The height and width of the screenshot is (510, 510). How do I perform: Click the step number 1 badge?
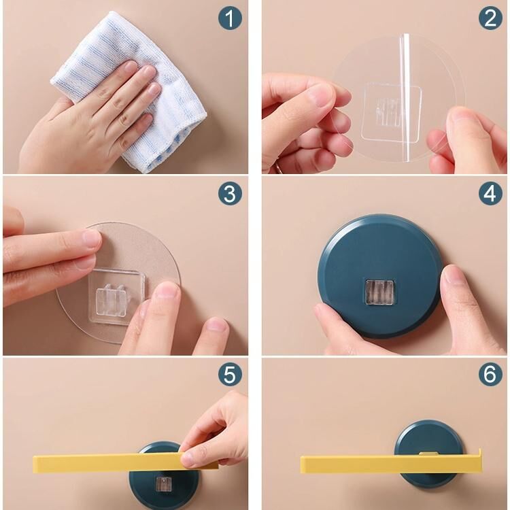[230, 18]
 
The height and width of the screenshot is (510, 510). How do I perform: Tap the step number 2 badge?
[490, 18]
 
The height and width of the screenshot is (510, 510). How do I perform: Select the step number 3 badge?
[230, 194]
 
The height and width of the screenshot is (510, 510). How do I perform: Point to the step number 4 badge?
[490, 194]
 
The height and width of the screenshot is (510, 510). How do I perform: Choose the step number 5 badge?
[230, 374]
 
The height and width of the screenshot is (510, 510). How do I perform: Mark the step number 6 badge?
[490, 374]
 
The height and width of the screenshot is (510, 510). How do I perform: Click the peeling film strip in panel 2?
[405, 97]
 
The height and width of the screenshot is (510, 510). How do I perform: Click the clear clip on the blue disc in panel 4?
[379, 292]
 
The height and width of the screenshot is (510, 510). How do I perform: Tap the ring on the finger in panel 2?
[279, 168]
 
